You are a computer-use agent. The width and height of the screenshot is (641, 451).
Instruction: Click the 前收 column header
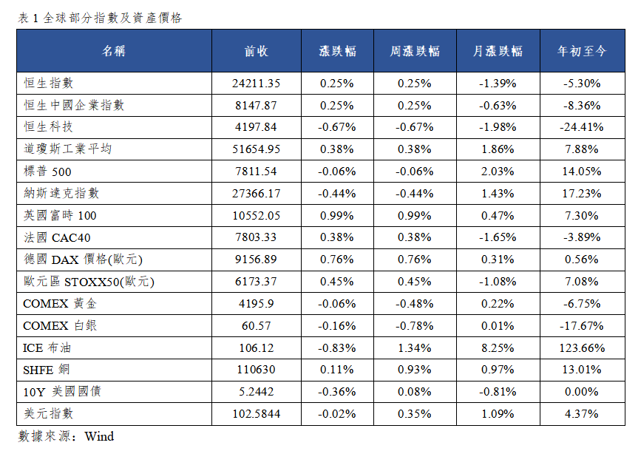pos(257,51)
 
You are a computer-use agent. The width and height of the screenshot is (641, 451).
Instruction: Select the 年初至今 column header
pos(582,51)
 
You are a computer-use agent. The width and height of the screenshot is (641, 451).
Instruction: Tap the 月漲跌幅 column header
pos(498,51)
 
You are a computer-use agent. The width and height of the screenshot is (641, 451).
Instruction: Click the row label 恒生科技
pos(48,127)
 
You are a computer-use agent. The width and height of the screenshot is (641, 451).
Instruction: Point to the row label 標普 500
pos(47,172)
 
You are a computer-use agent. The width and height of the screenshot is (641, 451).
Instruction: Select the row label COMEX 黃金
pos(60,304)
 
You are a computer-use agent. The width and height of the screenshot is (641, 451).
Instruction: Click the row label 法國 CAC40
pos(57,237)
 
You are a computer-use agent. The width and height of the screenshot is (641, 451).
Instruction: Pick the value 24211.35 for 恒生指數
pos(257,84)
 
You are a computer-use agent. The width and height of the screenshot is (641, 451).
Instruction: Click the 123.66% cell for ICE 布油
pos(582,348)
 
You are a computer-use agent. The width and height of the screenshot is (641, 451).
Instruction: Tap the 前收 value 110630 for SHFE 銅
pos(257,370)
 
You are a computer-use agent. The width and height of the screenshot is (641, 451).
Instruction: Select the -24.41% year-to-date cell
pos(582,127)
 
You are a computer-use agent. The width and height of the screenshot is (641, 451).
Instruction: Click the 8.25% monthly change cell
pos(498,348)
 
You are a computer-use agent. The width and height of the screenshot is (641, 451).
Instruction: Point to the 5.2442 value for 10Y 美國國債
pos(257,392)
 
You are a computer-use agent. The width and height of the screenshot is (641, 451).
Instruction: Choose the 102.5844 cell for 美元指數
pos(257,414)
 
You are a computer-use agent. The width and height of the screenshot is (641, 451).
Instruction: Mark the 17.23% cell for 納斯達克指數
pos(582,194)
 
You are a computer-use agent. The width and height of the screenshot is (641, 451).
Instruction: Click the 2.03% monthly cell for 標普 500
pos(498,172)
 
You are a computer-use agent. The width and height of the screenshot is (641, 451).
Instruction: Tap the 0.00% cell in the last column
pos(582,392)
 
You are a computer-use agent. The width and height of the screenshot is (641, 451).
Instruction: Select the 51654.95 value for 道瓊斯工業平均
pos(257,149)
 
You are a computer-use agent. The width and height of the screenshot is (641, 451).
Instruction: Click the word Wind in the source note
pos(99,436)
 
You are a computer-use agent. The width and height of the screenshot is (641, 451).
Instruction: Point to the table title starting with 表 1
pos(100,18)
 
